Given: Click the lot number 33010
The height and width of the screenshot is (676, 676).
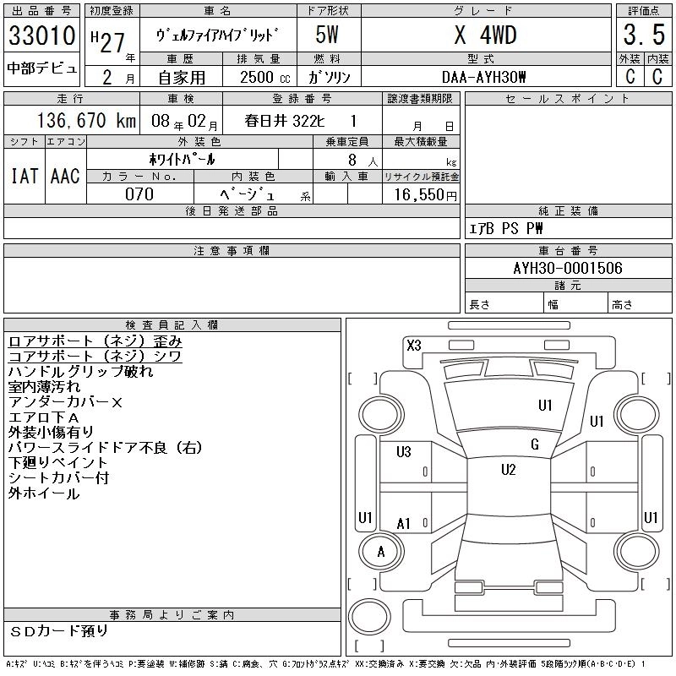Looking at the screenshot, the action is pyautogui.click(x=42, y=36).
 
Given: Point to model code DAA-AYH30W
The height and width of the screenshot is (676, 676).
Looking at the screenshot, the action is pyautogui.click(x=484, y=77).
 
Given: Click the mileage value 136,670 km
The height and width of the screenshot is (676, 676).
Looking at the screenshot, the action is pyautogui.click(x=74, y=120).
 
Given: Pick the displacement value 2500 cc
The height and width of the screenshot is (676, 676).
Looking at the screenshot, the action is pyautogui.click(x=260, y=77).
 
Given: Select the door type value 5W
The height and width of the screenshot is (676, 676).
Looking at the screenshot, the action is pyautogui.click(x=327, y=36).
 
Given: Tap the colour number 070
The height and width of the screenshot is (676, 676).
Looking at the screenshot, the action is pyautogui.click(x=139, y=194).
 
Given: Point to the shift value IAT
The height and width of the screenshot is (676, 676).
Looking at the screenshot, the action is pyautogui.click(x=25, y=176).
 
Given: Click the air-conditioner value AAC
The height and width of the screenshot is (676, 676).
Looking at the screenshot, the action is pyautogui.click(x=65, y=176).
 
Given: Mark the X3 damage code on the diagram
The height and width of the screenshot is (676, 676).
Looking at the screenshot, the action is pyautogui.click(x=413, y=345).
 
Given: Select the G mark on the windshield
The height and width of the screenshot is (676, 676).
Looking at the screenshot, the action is pyautogui.click(x=535, y=444).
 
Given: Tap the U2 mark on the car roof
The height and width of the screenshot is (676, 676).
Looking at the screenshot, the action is pyautogui.click(x=508, y=470).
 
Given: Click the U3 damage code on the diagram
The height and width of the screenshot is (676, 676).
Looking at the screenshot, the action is pyautogui.click(x=403, y=452).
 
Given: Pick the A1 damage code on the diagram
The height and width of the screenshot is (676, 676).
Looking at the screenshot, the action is pyautogui.click(x=403, y=524).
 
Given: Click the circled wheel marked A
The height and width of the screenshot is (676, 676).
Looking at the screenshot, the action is pyautogui.click(x=380, y=552).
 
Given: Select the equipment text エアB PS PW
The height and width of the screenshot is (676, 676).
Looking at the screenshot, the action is pyautogui.click(x=506, y=228).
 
